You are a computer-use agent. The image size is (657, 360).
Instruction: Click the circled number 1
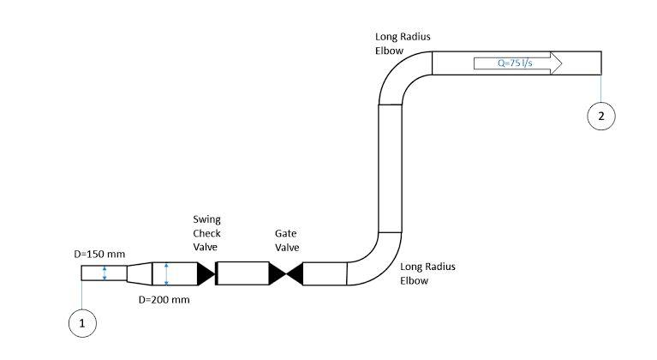(82, 323)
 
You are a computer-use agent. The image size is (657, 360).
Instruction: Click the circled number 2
(601, 117)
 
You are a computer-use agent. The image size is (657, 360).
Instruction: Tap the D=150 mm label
(99, 255)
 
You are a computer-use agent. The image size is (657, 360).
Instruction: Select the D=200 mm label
(164, 300)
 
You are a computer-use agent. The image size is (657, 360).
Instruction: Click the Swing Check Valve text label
(206, 233)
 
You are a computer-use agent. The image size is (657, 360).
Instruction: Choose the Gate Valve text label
(286, 239)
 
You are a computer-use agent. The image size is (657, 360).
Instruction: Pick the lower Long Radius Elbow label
(427, 273)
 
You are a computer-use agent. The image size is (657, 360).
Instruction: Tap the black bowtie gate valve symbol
(286, 273)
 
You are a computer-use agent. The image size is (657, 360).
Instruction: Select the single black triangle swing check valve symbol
(206, 273)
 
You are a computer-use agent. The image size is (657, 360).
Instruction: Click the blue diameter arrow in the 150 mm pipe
(104, 273)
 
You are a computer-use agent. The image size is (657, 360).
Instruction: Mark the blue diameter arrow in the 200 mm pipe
(166, 273)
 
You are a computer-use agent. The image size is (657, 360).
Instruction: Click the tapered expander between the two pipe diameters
(139, 273)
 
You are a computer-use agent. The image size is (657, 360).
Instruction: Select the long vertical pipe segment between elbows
(390, 167)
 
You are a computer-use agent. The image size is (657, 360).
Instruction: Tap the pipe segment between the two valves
(243, 273)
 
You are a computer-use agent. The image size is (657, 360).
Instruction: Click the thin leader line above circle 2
(601, 88)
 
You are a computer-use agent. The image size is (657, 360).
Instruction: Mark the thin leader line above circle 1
(82, 296)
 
